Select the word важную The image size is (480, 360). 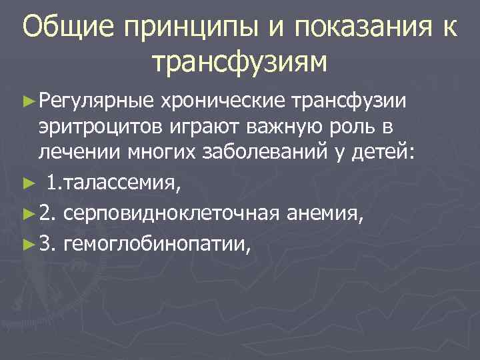(273, 127)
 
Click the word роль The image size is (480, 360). (351, 127)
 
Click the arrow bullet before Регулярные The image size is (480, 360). (27, 101)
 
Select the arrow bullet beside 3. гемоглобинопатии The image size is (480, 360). (27, 246)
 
